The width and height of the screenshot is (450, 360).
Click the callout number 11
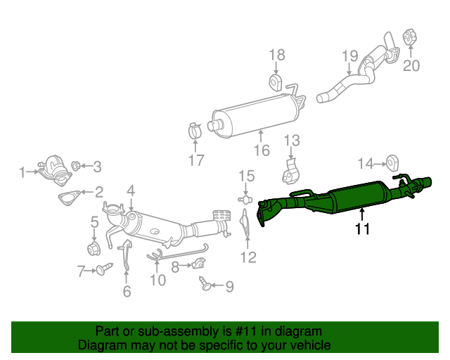pyautogui.click(x=362, y=229)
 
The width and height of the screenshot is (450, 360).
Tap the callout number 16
pyautogui.click(x=261, y=150)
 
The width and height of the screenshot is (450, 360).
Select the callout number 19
pyautogui.click(x=350, y=56)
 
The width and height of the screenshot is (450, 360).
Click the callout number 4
pyautogui.click(x=130, y=190)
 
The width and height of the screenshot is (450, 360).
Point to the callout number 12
pyautogui.click(x=247, y=257)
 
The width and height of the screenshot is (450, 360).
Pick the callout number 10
pyautogui.click(x=157, y=280)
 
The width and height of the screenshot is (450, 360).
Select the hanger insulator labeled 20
pyautogui.click(x=411, y=37)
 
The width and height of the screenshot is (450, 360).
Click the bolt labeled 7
pyautogui.click(x=105, y=269)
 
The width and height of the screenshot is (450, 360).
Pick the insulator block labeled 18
pyautogui.click(x=276, y=84)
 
